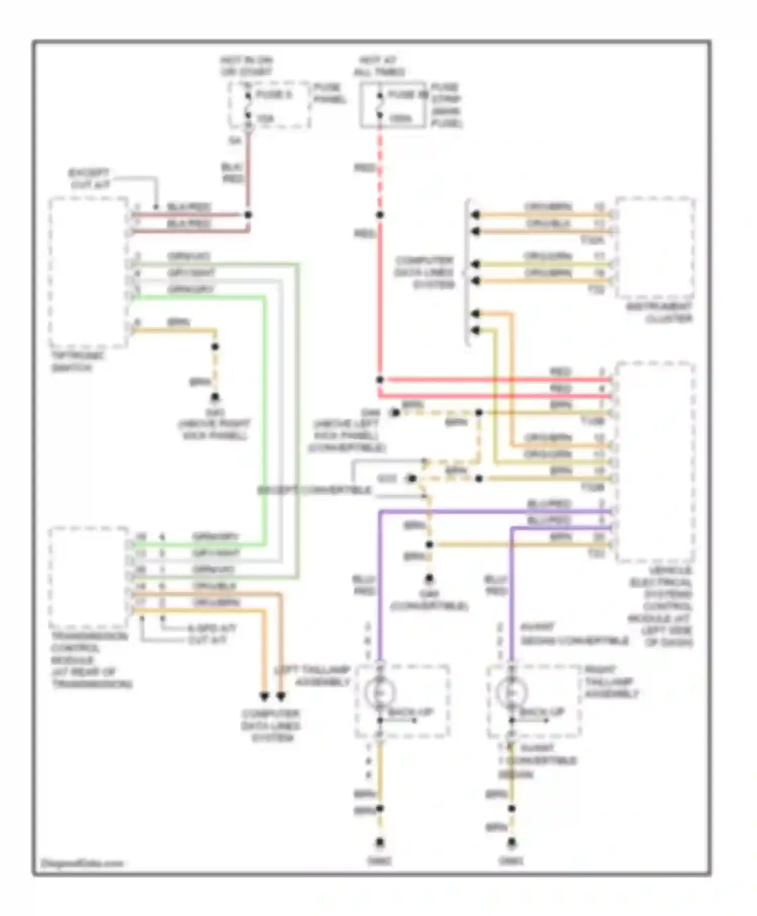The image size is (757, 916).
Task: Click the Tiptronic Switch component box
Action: (x=88, y=273)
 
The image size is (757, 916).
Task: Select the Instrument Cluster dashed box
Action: (x=655, y=247)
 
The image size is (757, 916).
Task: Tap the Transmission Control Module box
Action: (x=88, y=577)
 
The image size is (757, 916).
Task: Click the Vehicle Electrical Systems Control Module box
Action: (x=655, y=462)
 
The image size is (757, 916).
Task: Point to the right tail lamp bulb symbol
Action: (x=511, y=692)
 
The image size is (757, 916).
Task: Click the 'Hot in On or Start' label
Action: (x=246, y=66)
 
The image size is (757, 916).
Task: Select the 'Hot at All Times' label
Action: (x=379, y=66)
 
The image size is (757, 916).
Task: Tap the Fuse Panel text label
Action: (x=330, y=93)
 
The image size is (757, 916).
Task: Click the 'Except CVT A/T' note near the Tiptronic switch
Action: (x=89, y=179)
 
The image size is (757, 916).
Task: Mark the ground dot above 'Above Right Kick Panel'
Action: (x=215, y=397)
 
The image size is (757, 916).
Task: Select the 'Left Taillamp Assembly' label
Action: (x=313, y=676)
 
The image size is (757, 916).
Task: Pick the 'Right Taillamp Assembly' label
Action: (x=611, y=682)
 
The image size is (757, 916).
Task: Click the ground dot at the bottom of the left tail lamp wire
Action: (x=380, y=842)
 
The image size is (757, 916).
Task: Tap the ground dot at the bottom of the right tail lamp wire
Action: (x=512, y=842)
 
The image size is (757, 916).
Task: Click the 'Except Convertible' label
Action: (x=315, y=490)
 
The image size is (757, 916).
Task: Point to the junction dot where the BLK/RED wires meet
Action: (x=248, y=215)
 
